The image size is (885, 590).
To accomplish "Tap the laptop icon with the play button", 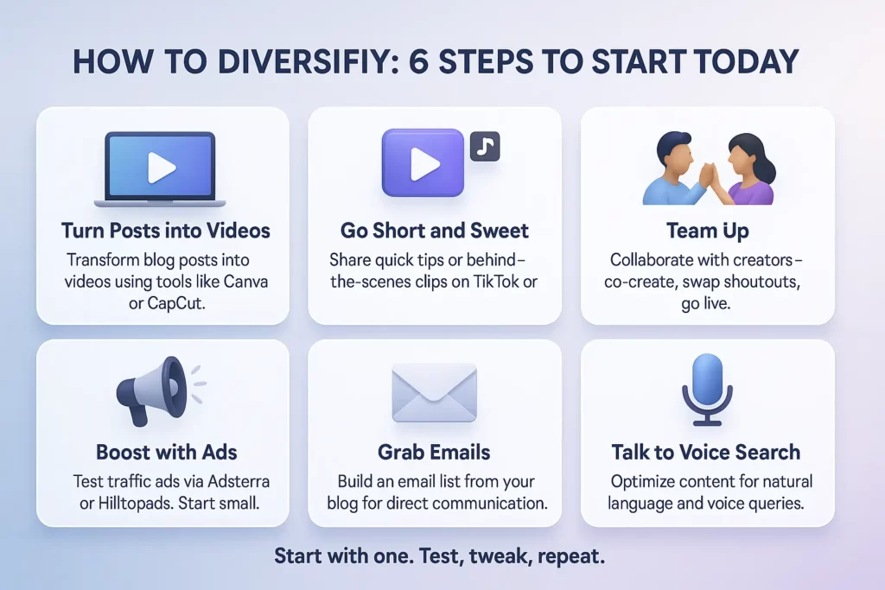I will coord(160,168).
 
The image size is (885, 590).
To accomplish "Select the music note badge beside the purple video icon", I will coord(484,147).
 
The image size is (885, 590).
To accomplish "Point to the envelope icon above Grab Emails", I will coord(434,391).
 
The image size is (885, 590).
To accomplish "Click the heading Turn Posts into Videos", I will coord(165,231).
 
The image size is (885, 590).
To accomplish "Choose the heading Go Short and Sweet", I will coord(435,231).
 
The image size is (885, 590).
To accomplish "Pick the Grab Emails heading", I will coord(434,452).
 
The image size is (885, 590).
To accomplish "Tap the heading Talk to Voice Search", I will coord(706,452).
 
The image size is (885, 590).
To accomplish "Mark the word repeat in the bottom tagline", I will coord(570,556).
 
